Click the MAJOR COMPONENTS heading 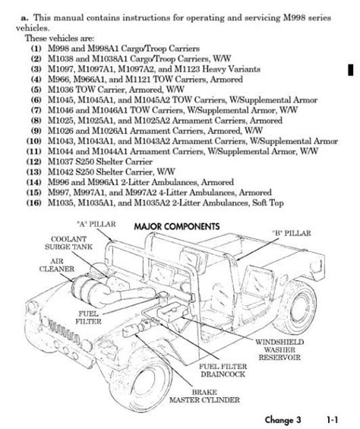click(177, 226)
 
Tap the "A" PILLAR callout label click(96, 224)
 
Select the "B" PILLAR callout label click(292, 233)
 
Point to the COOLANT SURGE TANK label click(68, 243)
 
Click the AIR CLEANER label click(57, 265)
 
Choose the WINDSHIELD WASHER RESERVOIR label click(279, 350)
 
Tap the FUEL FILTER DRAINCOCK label click(223, 371)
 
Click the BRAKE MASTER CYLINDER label click(204, 396)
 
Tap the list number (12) click(33, 162)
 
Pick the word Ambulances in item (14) click(175, 182)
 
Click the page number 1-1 click(332, 419)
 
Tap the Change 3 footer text click(283, 419)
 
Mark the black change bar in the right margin click(350, 70)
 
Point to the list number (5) click(36, 90)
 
